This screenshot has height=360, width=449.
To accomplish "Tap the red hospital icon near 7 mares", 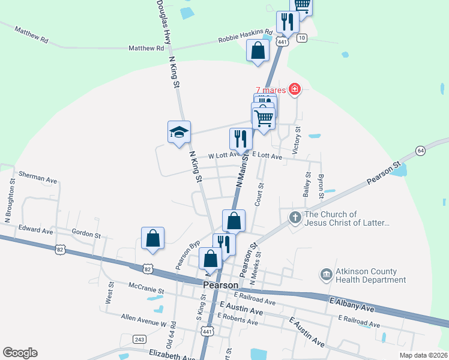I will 294,90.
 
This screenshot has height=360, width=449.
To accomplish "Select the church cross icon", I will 295,218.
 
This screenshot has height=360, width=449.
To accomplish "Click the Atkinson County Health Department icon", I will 326,275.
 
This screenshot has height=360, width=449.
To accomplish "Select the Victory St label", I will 295,141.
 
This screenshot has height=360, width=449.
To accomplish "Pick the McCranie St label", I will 145,290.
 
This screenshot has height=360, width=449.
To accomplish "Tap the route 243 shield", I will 139,340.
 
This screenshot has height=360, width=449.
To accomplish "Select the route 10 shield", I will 301,38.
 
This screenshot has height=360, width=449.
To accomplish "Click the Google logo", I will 20,353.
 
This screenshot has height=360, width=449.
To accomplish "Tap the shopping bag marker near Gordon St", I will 153,238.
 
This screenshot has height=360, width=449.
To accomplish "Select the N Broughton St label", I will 9,207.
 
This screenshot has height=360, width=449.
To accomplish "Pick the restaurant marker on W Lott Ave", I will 241,139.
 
